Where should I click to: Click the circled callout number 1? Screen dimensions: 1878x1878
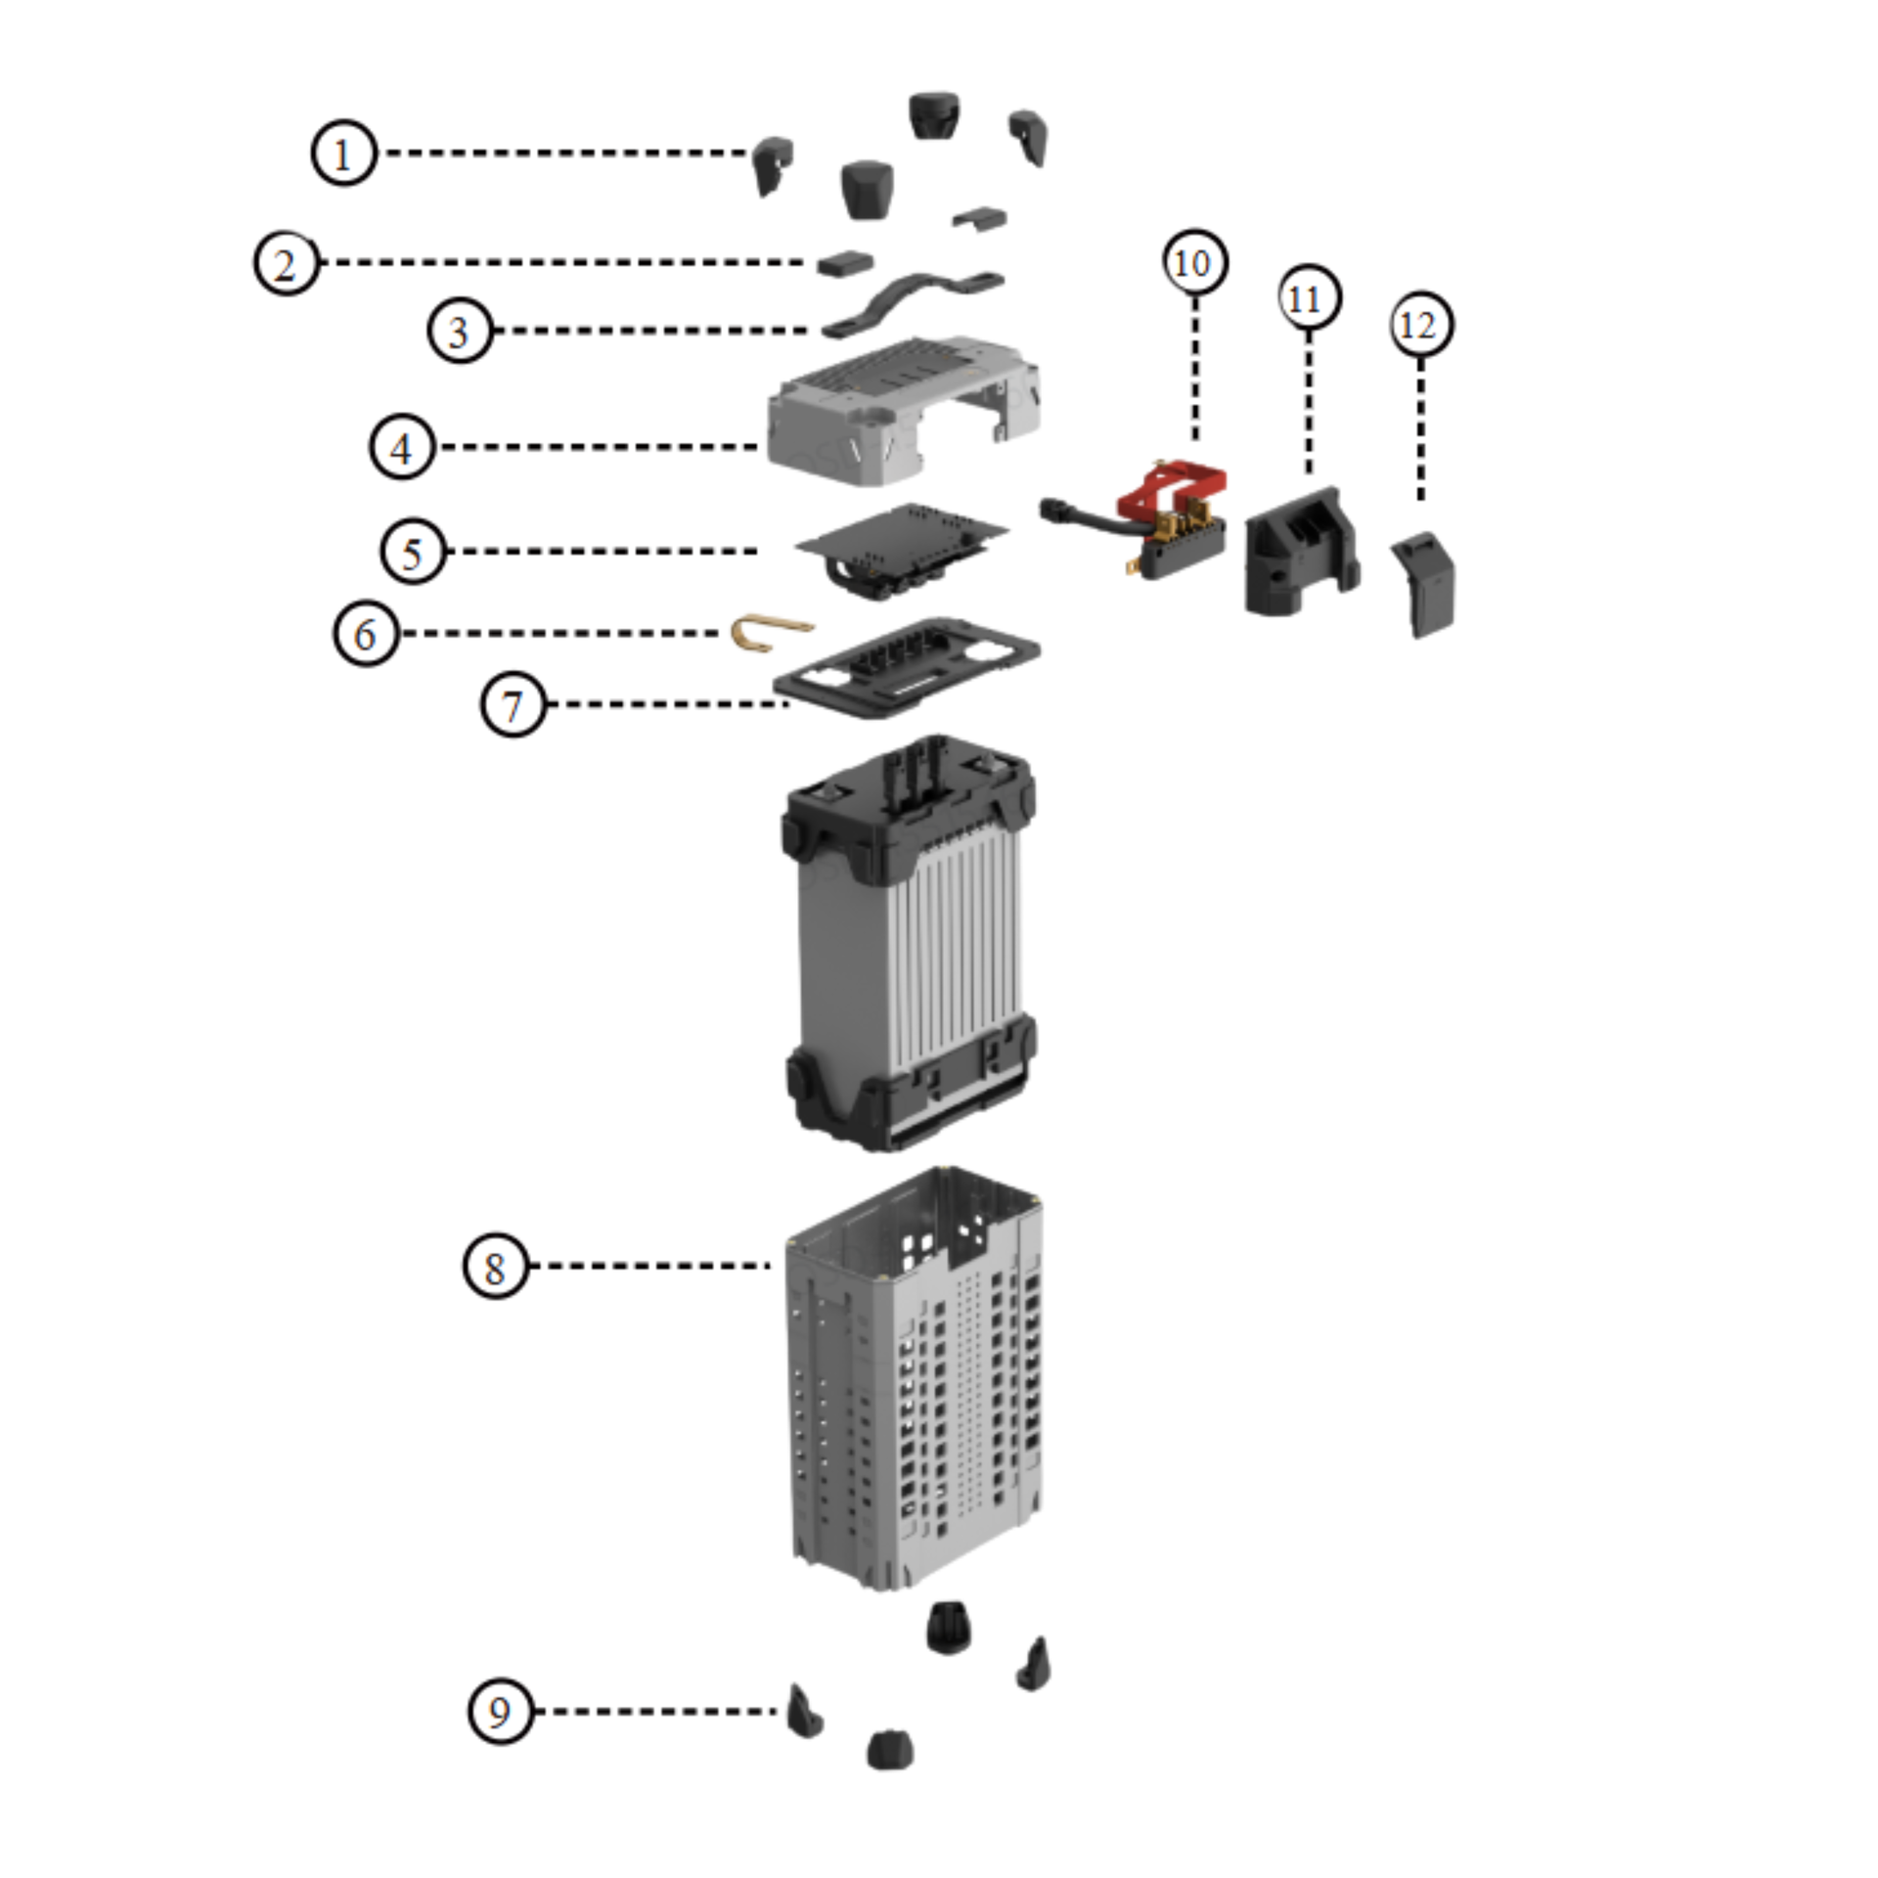pyautogui.click(x=343, y=154)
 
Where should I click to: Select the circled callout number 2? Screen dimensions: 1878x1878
pyautogui.click(x=287, y=263)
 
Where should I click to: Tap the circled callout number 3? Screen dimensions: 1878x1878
pyautogui.click(x=460, y=331)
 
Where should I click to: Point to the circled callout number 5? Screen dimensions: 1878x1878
pyautogui.click(x=413, y=552)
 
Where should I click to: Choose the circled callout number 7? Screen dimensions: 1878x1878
pyautogui.click(x=513, y=704)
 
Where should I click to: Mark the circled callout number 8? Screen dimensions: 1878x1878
pyautogui.click(x=495, y=1266)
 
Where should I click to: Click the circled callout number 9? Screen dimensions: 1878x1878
pyautogui.click(x=501, y=1712)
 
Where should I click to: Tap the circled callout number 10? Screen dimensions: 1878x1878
pyautogui.click(x=1194, y=262)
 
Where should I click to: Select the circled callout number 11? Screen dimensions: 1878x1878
pyautogui.click(x=1309, y=297)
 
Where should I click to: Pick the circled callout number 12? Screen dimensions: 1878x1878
pyautogui.click(x=1420, y=325)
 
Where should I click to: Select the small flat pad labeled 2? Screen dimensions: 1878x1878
pyautogui.click(x=845, y=263)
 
